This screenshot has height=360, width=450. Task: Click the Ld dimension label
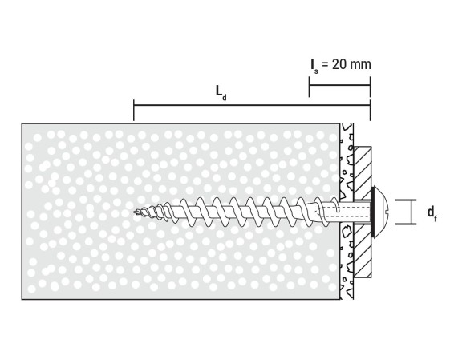[221, 93]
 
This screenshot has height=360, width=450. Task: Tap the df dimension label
[432, 214]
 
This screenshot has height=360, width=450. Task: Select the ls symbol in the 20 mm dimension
[314, 66]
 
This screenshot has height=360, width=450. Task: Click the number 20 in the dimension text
[339, 64]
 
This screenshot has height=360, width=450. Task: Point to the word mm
[361, 65]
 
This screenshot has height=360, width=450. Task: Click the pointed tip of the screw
[134, 212]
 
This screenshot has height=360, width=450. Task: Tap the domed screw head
[381, 212]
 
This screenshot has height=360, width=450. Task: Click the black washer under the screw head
[373, 212]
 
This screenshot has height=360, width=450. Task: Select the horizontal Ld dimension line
[252, 105]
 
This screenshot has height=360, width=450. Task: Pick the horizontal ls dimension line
[339, 85]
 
